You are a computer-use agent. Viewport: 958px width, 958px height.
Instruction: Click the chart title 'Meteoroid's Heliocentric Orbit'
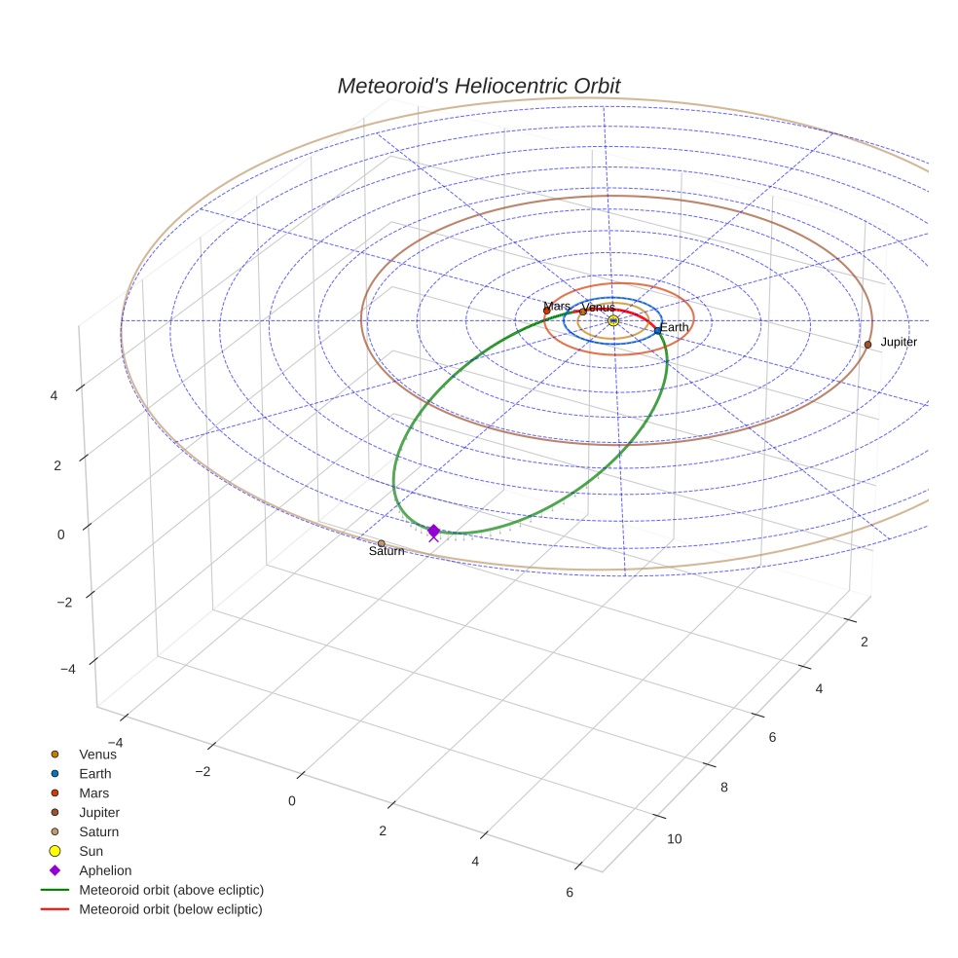tap(478, 86)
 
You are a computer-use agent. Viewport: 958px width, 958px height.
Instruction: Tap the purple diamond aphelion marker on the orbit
tap(433, 531)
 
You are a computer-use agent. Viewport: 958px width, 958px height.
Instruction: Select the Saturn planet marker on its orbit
tap(381, 543)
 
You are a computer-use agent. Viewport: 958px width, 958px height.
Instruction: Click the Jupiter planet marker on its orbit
tap(867, 345)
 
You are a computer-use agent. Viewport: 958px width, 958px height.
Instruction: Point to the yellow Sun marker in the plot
tap(613, 320)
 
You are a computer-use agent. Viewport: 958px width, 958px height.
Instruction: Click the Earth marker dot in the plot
tap(658, 330)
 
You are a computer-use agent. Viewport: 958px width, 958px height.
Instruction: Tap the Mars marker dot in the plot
tap(546, 311)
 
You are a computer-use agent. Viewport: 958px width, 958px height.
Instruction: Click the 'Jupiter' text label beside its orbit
tap(899, 343)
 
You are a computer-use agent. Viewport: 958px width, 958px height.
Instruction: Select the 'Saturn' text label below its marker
tap(387, 552)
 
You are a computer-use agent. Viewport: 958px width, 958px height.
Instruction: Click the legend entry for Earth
tap(95, 773)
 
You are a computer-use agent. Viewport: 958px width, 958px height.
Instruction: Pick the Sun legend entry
tap(91, 851)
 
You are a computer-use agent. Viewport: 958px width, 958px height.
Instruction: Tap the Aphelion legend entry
tap(105, 870)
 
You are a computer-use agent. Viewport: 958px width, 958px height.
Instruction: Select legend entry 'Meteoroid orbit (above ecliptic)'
tap(171, 890)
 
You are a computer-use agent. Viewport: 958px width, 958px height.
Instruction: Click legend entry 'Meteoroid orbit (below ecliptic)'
tap(171, 909)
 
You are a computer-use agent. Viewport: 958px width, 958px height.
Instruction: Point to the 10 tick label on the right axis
tap(675, 840)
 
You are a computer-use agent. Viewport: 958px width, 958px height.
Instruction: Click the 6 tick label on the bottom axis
tap(570, 893)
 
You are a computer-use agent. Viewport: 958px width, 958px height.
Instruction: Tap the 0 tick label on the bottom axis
tap(292, 800)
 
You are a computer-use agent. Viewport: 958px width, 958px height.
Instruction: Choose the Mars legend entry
tap(93, 792)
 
